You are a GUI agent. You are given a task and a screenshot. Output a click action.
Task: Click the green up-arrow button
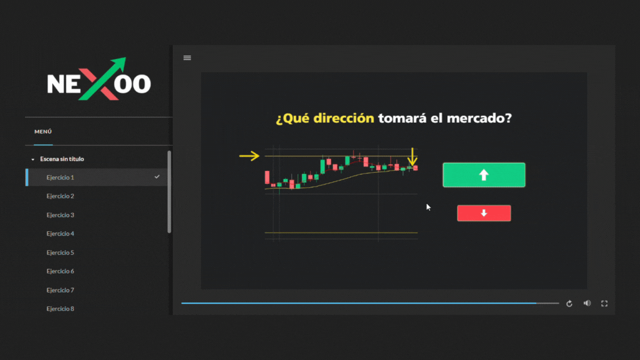484,175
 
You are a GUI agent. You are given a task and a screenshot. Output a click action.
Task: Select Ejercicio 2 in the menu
61,196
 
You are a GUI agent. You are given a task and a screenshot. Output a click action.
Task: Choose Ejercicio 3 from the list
61,215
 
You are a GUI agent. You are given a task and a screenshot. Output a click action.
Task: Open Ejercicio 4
61,234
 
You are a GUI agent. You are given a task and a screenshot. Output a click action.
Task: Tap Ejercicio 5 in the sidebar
61,253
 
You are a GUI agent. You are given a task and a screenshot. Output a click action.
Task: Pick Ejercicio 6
61,272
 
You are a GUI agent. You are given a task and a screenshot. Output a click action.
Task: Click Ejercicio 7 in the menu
61,290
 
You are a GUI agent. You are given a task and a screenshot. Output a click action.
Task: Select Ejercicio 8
61,309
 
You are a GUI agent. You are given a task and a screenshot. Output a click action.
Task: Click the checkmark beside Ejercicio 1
157,177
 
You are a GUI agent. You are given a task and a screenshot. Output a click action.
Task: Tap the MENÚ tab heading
43,132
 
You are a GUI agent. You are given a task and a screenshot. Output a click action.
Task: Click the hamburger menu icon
187,58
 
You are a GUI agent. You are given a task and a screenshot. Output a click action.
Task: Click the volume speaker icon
587,303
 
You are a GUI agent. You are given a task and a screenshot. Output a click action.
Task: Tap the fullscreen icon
604,303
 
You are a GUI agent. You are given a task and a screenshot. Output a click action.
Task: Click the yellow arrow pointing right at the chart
249,156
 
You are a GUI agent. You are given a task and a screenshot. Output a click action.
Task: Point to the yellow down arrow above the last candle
412,157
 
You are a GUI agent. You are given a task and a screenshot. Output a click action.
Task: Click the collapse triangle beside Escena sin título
33,159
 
